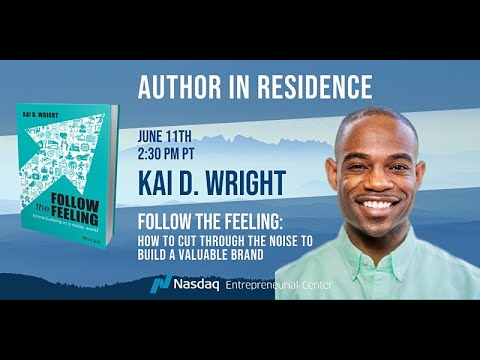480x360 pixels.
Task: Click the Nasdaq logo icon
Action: (161, 286)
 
